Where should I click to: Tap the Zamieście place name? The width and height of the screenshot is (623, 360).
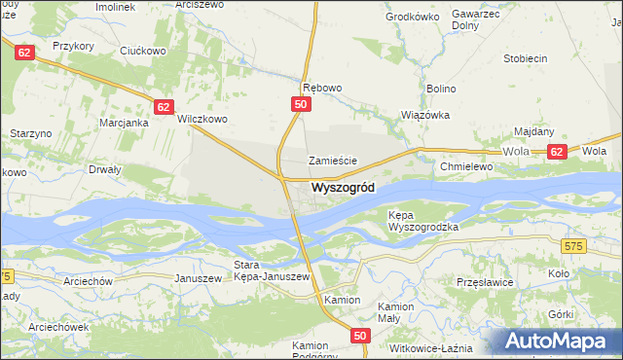pyautogui.click(x=334, y=161)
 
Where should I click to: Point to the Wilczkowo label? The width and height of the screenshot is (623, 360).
pyautogui.click(x=202, y=120)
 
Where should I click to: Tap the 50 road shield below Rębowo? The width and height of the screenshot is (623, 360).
pyautogui.click(x=301, y=104)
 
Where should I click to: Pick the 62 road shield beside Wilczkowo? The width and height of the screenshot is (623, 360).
pyautogui.click(x=164, y=107)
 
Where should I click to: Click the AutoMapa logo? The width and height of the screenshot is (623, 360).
pyautogui.click(x=562, y=342)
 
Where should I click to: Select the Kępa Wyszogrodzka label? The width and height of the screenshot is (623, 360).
pyautogui.click(x=422, y=220)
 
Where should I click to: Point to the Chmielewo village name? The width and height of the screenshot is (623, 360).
pyautogui.click(x=468, y=166)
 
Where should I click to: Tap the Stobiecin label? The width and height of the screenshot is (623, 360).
pyautogui.click(x=525, y=58)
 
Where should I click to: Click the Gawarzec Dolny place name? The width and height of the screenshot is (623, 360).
pyautogui.click(x=476, y=21)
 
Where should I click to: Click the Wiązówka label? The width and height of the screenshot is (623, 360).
pyautogui.click(x=425, y=114)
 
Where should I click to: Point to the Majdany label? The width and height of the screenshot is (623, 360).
pyautogui.click(x=533, y=131)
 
